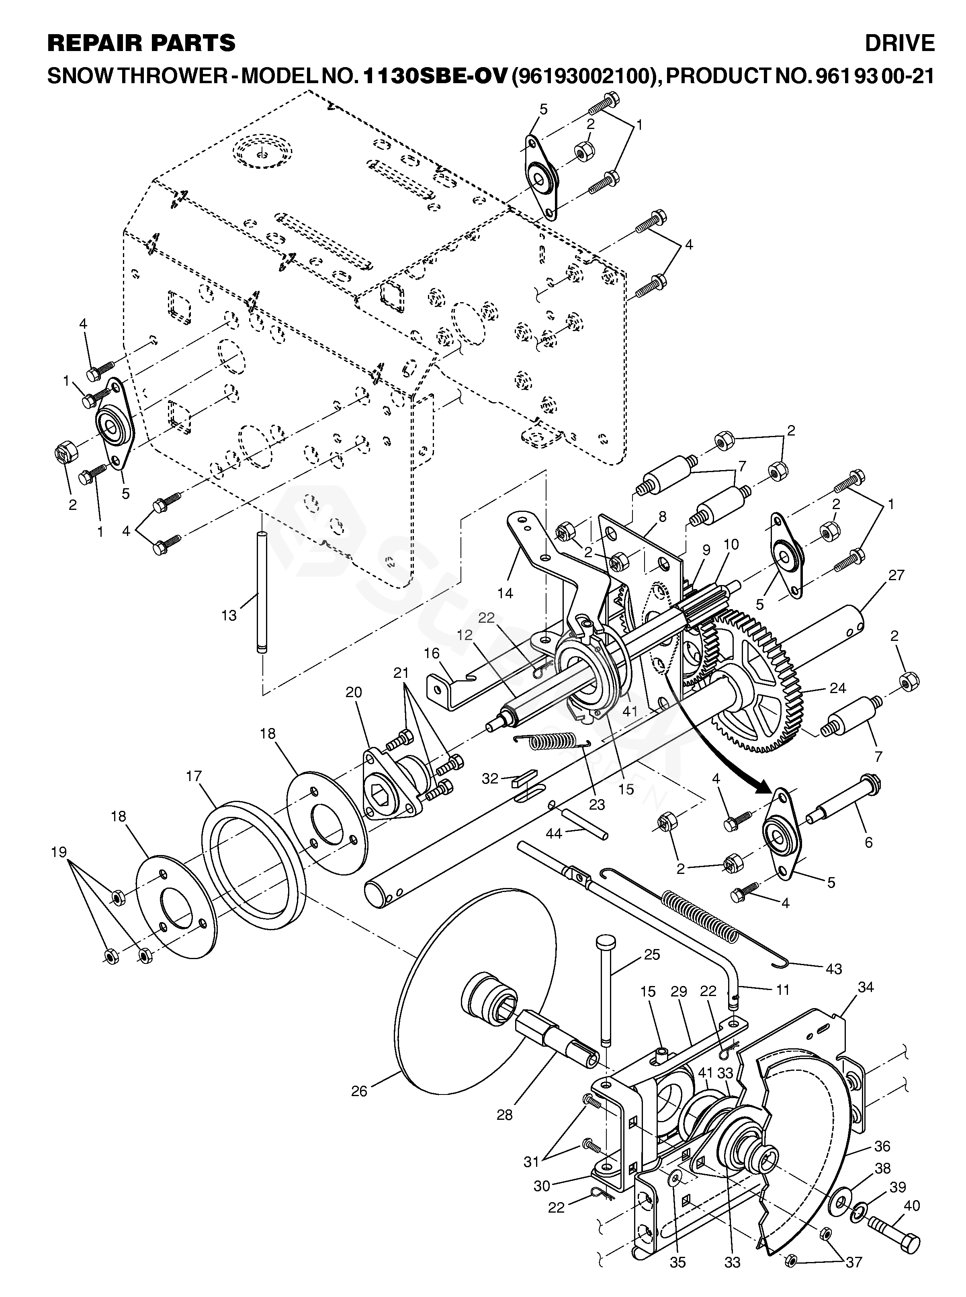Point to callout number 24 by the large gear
click(837, 688)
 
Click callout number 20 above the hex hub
click(353, 692)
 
